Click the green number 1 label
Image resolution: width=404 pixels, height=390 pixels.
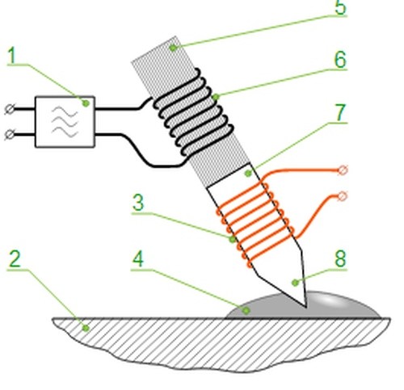[13, 55]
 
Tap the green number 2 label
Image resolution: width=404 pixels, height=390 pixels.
[15, 258]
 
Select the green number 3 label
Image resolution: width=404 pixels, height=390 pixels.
[138, 203]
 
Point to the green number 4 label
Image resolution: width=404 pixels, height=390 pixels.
[138, 259]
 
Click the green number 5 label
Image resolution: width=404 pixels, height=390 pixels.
[340, 7]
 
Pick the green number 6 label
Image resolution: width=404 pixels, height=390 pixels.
[340, 60]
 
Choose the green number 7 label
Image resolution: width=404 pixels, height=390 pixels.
[340, 113]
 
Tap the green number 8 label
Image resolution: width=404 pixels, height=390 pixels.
[340, 258]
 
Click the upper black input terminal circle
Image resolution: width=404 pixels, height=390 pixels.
[10, 109]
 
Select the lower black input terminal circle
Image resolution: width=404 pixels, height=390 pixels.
[10, 134]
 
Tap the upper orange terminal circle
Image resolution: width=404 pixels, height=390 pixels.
[343, 170]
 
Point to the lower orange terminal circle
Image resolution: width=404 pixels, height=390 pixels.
[343, 196]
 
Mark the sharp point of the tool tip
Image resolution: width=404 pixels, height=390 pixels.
[306, 307]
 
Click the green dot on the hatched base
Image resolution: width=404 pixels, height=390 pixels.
[86, 328]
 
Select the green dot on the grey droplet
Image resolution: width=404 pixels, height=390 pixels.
[246, 311]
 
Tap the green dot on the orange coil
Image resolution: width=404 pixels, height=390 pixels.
[233, 239]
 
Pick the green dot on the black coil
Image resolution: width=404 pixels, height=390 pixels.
[215, 97]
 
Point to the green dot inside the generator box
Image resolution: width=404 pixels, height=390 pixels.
[86, 103]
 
